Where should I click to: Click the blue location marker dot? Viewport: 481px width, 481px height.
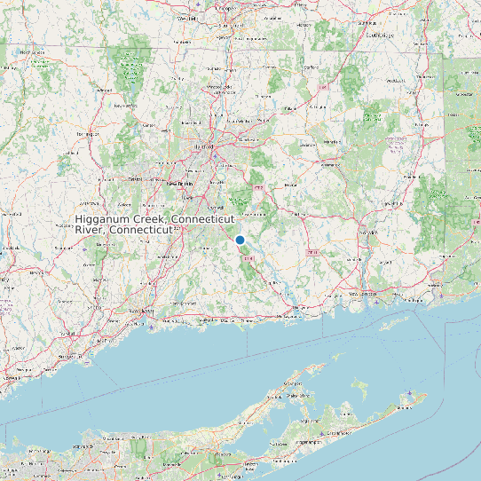(x=240, y=240)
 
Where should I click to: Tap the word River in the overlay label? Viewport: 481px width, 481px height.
(x=89, y=229)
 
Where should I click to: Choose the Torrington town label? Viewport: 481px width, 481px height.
(x=87, y=133)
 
